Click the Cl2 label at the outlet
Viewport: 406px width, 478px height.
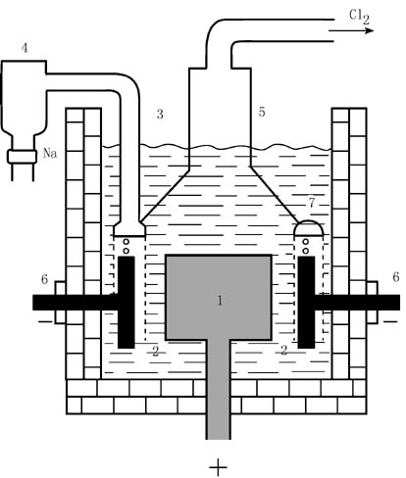(x=359, y=17)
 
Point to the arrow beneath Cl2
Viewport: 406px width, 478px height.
(x=351, y=30)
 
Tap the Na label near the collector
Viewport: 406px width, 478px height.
(x=50, y=153)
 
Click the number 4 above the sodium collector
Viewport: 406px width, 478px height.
(x=25, y=48)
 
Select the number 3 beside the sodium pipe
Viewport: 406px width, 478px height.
(x=160, y=115)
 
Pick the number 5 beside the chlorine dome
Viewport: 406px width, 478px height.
(x=262, y=112)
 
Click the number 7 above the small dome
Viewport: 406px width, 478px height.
(x=312, y=203)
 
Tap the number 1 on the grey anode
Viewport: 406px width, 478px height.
(x=220, y=300)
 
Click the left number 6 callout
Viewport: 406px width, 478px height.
(x=44, y=279)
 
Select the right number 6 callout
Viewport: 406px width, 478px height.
(x=396, y=277)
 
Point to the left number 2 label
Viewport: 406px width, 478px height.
(x=156, y=351)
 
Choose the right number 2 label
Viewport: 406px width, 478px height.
(x=284, y=350)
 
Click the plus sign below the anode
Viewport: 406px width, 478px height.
(x=218, y=467)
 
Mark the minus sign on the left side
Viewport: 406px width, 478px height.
(x=45, y=322)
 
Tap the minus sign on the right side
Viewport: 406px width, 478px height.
(x=390, y=321)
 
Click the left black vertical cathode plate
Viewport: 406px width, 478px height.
(x=127, y=303)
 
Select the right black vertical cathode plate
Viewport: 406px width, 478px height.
(x=306, y=303)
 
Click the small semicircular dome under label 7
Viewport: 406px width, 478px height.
(x=309, y=222)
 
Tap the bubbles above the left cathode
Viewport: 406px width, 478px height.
(x=127, y=246)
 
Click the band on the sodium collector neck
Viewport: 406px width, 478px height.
(x=23, y=157)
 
